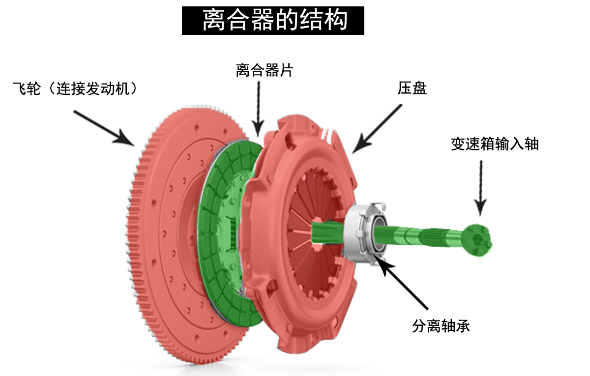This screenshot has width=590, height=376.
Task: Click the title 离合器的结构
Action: tap(273, 21)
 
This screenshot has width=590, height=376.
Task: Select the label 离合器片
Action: tap(264, 70)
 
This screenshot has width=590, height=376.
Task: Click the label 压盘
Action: tap(412, 88)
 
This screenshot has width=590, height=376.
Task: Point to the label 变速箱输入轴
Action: tap(495, 144)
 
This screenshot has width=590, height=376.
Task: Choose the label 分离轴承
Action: tap(441, 326)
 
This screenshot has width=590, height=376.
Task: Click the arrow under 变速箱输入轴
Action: tap(481, 187)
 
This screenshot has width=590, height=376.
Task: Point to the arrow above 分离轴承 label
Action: tap(403, 285)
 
